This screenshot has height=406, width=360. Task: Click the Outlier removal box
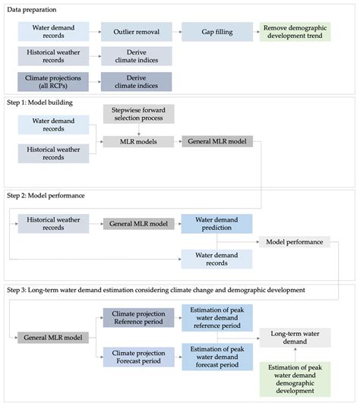click(x=134, y=32)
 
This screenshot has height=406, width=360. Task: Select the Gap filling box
click(x=216, y=32)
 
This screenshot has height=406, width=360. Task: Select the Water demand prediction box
click(x=216, y=224)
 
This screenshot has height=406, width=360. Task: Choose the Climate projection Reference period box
click(x=134, y=318)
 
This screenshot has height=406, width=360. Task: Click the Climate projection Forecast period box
click(x=134, y=357)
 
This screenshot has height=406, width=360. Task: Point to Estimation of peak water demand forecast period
click(x=216, y=357)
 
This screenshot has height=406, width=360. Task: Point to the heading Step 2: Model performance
click(x=53, y=196)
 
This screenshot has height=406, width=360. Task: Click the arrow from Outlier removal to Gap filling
click(x=175, y=32)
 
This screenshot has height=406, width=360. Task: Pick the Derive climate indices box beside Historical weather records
click(x=134, y=56)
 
